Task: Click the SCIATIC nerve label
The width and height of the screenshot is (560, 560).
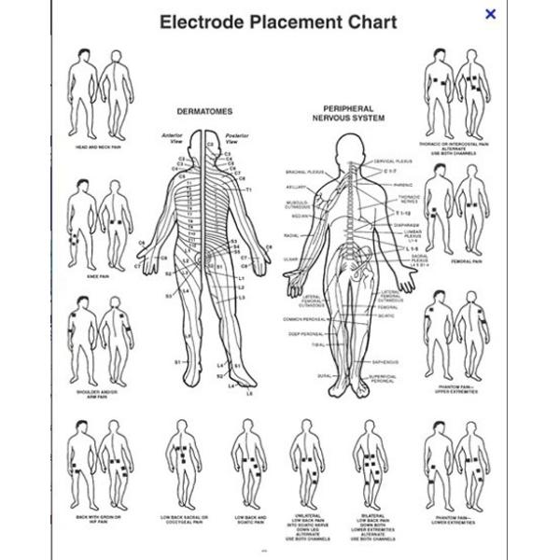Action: tap(386, 314)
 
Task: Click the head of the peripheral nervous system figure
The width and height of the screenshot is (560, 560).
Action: tap(348, 147)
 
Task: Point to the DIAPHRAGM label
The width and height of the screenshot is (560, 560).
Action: tap(406, 224)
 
